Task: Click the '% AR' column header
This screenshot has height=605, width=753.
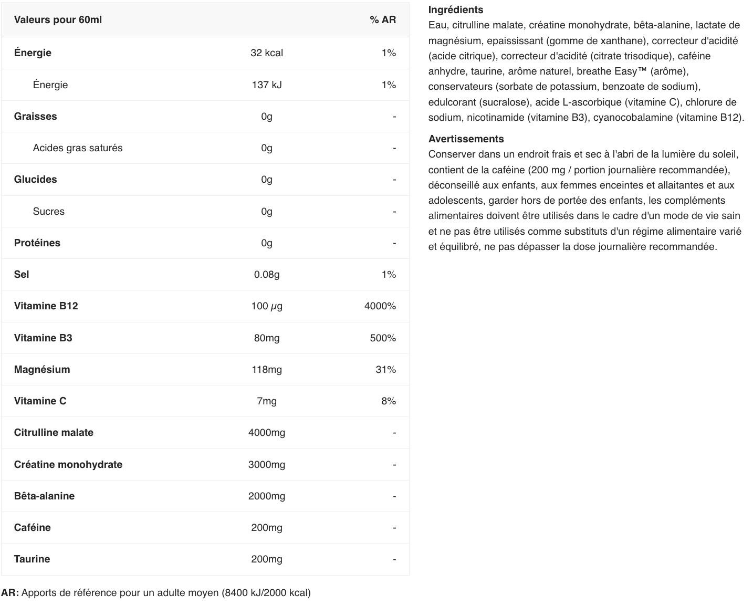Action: [382, 20]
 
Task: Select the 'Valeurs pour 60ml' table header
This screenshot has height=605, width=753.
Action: [58, 20]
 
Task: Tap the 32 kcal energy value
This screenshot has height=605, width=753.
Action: [267, 53]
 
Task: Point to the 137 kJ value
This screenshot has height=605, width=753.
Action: [267, 85]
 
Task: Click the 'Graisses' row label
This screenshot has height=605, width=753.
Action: [35, 117]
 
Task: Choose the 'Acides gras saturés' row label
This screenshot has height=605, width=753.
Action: [77, 148]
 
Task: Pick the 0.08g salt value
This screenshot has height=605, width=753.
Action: [267, 275]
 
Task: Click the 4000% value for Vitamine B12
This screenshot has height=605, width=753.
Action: [380, 306]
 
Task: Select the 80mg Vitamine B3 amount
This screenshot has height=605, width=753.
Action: [267, 338]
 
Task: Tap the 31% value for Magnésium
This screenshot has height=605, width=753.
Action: [385, 370]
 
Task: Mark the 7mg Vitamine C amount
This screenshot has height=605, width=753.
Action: [267, 401]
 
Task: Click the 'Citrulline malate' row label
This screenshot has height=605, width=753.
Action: [54, 433]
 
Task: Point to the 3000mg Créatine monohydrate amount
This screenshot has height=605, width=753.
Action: [267, 465]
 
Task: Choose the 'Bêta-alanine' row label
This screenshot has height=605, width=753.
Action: [44, 496]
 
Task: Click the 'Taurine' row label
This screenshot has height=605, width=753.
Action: [32, 559]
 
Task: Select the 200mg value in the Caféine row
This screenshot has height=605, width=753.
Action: [267, 528]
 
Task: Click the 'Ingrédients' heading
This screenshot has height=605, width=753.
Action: [456, 10]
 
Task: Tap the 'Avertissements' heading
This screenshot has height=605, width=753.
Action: [466, 139]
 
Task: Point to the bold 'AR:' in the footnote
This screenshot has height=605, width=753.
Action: [10, 593]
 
